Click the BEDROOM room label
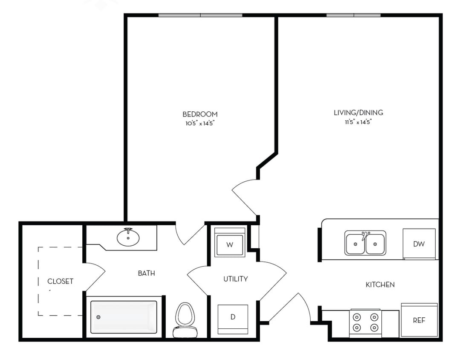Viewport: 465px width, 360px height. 200,114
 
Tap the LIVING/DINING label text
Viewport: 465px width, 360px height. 358,113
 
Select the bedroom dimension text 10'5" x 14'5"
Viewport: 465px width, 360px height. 200,123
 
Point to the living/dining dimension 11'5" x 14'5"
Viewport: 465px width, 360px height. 358,122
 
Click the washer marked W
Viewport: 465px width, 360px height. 230,244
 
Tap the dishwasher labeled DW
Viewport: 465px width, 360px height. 419,244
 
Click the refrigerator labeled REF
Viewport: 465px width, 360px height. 419,320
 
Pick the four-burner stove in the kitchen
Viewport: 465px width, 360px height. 365,322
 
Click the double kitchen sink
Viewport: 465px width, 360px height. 365,243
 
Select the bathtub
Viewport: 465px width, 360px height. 124,317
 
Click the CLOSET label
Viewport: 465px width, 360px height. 60,282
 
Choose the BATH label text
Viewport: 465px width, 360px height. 146,273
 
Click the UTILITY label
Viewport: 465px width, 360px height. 236,279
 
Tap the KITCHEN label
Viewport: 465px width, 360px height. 380,285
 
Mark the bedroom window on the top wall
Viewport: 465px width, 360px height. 200,15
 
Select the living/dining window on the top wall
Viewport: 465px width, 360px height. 353,15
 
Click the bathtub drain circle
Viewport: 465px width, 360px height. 98,317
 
